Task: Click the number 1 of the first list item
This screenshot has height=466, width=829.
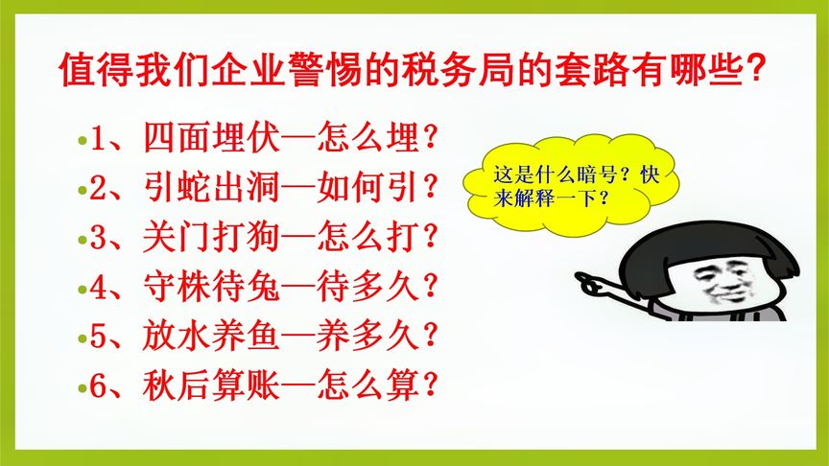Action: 98,139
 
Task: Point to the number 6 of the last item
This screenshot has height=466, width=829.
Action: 98,387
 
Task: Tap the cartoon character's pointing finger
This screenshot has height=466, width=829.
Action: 585,279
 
